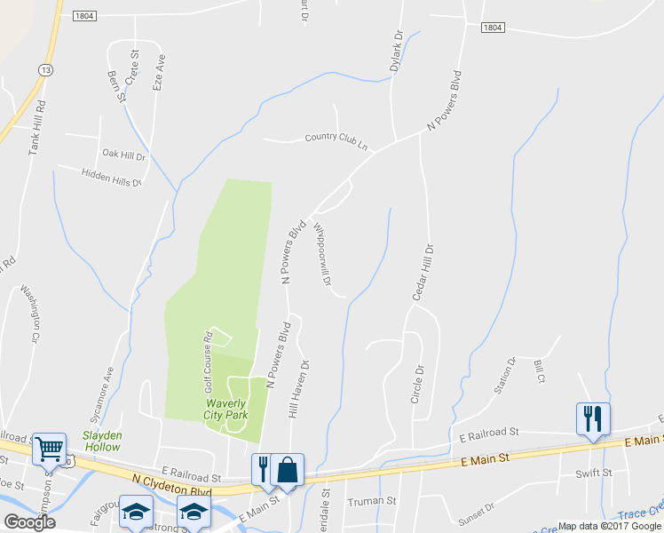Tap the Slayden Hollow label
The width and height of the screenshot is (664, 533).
pyautogui.click(x=102, y=441)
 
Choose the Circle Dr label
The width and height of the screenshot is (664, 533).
pyautogui.click(x=415, y=383)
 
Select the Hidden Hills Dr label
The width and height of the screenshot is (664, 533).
pyautogui.click(x=112, y=177)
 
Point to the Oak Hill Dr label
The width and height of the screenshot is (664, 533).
pyautogui.click(x=123, y=155)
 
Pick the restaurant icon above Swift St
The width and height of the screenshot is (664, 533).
pyautogui.click(x=592, y=419)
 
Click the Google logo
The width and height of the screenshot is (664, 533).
pyautogui.click(x=29, y=522)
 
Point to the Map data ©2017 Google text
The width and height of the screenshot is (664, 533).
pyautogui.click(x=609, y=526)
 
